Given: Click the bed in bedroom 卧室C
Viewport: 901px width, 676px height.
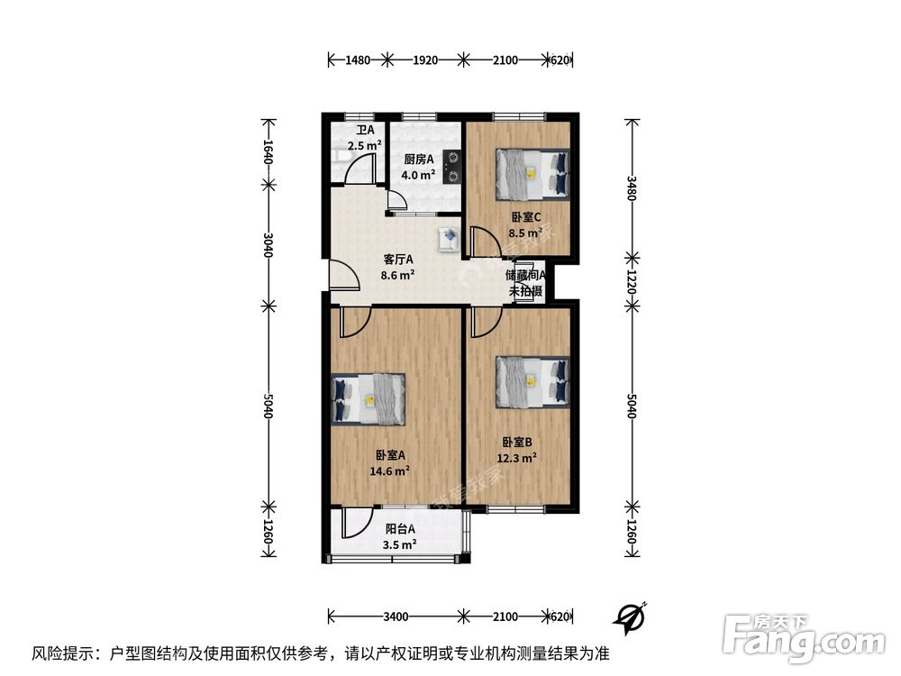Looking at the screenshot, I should [x=532, y=174].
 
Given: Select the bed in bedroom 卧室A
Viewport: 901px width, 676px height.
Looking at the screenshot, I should [x=369, y=397].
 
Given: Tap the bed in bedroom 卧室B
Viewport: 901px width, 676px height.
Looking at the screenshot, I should [x=532, y=380].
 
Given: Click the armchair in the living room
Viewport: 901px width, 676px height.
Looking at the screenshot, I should [x=448, y=239].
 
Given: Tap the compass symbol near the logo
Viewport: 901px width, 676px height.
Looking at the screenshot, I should [x=630, y=617].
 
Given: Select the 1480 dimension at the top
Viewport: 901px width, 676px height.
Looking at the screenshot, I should [x=359, y=60].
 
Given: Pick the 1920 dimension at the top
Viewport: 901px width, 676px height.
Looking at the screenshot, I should [x=424, y=60].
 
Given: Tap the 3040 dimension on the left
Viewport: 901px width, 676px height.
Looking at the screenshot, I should [x=268, y=244].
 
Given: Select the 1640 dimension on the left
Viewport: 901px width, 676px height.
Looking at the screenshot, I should [x=268, y=151].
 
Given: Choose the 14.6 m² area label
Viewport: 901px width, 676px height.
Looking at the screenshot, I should [x=390, y=470].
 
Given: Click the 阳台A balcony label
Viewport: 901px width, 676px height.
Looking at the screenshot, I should [x=400, y=530].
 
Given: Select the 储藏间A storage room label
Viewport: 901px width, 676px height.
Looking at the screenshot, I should [x=527, y=276].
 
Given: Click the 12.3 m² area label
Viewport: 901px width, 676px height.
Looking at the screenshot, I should [x=517, y=457].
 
